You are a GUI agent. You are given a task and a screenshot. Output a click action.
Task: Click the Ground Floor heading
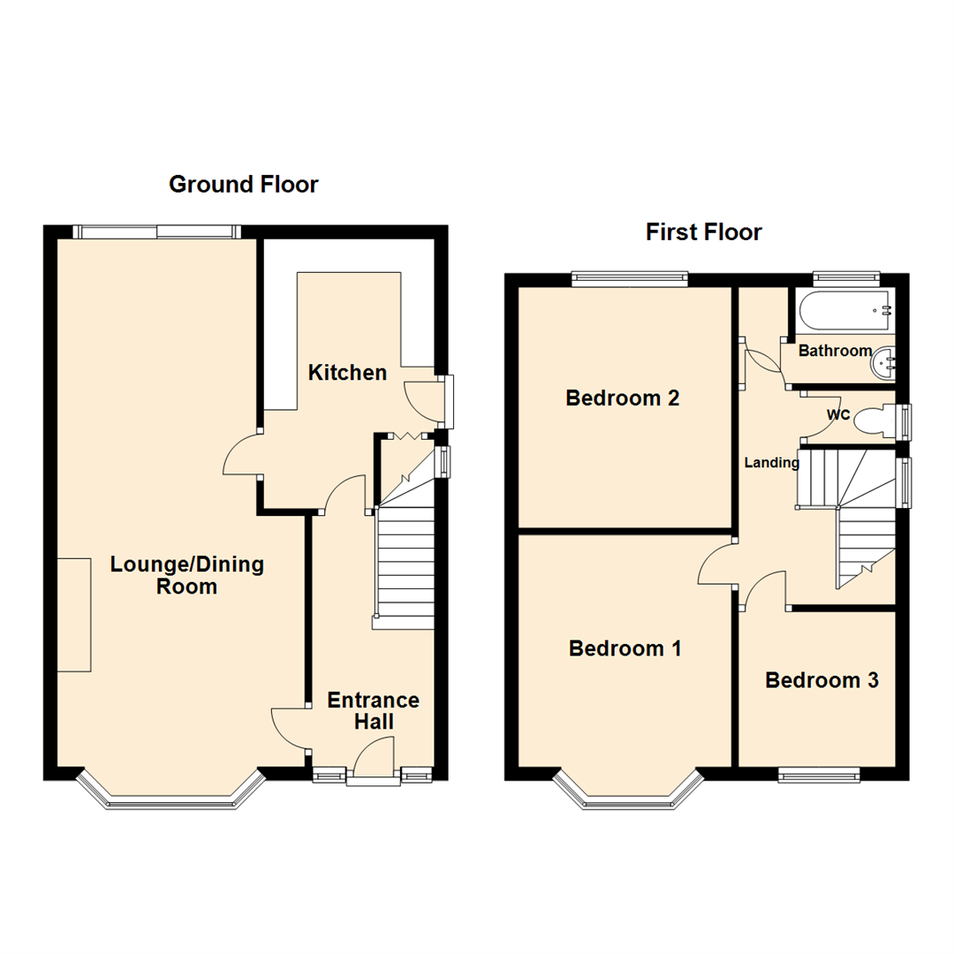(x=243, y=184)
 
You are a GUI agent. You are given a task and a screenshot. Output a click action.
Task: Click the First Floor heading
(x=703, y=231)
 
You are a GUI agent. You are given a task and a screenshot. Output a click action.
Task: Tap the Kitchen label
(x=347, y=373)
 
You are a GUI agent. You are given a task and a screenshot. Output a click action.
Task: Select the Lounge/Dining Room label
(x=186, y=575)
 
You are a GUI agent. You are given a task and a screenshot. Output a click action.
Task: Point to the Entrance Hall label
(x=373, y=710)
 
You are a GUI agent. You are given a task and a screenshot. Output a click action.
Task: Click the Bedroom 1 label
(x=625, y=649)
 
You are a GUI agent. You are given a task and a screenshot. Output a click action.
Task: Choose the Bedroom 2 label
(x=622, y=397)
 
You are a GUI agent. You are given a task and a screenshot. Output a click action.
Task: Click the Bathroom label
(x=835, y=351)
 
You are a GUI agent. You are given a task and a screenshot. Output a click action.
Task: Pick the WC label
(x=837, y=414)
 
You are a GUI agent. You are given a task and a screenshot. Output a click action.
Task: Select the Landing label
(x=771, y=462)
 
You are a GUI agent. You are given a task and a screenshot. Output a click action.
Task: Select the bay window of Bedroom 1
(x=628, y=796)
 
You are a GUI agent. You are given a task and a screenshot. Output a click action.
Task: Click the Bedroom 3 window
(x=819, y=776)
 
